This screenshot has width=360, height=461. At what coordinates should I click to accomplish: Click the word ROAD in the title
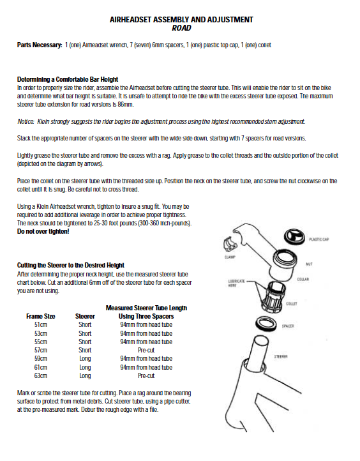[x=181, y=28]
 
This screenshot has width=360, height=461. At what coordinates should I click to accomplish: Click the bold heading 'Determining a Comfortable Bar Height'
[x=68, y=79]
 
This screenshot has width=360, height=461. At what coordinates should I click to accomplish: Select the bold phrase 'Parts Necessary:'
[x=40, y=45]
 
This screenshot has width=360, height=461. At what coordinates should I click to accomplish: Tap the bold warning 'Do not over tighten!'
[x=43, y=231]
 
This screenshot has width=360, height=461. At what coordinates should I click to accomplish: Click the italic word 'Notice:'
[x=26, y=121]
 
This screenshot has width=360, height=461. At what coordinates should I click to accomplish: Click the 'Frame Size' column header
[x=41, y=316]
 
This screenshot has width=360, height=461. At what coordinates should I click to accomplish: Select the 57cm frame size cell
[x=41, y=350]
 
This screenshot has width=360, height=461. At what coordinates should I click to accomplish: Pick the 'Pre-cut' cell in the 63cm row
[x=146, y=375]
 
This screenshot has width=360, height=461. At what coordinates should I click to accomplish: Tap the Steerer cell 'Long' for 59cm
[x=85, y=359]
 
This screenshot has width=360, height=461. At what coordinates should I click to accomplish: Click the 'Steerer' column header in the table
[x=85, y=316]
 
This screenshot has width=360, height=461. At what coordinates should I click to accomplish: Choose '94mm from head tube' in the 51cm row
[x=146, y=325]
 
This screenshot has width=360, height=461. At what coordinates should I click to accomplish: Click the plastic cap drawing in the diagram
[x=295, y=237]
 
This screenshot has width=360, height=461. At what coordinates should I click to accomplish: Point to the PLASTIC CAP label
[x=319, y=239]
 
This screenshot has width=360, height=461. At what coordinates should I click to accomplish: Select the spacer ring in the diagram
[x=267, y=324]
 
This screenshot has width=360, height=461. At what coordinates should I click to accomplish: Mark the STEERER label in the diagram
[x=281, y=357]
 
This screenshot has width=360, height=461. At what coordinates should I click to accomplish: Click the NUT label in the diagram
[x=309, y=264]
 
